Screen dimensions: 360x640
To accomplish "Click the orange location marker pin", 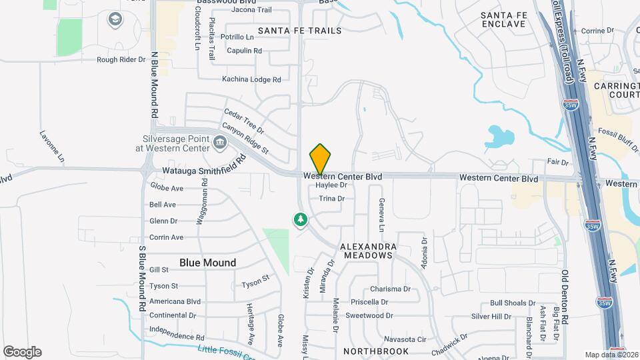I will pos(320,159).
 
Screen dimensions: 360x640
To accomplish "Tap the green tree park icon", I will pos(301,219).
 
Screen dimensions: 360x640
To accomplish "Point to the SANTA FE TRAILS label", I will pos(299,31).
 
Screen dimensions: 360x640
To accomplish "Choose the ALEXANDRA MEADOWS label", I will pos(368,251).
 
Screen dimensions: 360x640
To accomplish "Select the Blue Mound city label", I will pos(207,263).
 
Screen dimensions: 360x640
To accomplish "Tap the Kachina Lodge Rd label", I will pos(251,79).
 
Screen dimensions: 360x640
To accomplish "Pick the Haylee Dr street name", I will pos(332,185).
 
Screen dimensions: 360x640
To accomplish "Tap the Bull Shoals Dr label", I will pos(513,303).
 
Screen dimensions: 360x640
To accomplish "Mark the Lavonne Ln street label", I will pos(51,147).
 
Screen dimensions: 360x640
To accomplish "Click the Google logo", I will pos(22,352).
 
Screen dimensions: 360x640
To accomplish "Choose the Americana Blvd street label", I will pos(175,301).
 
